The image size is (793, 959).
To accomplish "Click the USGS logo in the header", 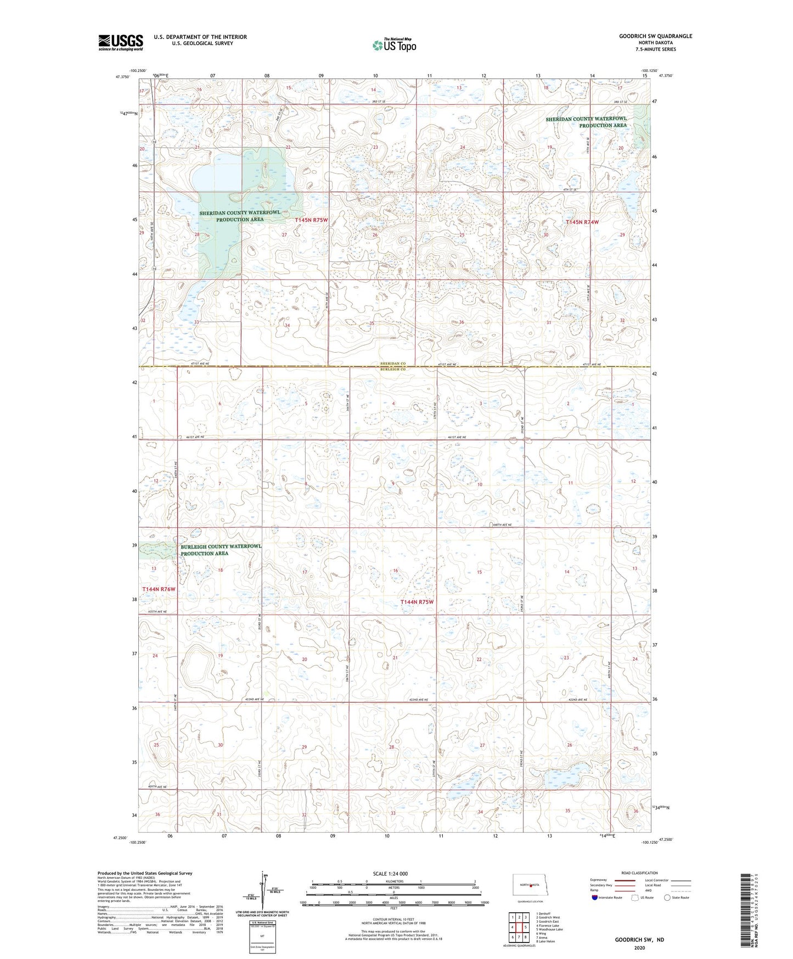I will pyautogui.click(x=120, y=42).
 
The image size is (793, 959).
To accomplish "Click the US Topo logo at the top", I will pyautogui.click(x=393, y=45).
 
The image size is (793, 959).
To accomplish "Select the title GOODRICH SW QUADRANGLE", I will pyautogui.click(x=655, y=36).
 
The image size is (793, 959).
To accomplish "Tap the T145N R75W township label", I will pyautogui.click(x=311, y=220).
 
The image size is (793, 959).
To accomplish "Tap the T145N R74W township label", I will pyautogui.click(x=582, y=222).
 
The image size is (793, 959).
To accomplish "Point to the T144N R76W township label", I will pyautogui.click(x=159, y=589).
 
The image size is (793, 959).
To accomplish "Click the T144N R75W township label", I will pyautogui.click(x=417, y=602).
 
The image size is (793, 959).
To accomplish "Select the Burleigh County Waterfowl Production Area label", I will pyautogui.click(x=221, y=550).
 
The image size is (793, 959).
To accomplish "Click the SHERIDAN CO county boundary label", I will pyautogui.click(x=393, y=364).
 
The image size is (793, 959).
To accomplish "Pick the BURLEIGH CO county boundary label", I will pyautogui.click(x=393, y=370).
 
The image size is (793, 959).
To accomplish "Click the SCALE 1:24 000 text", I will pyautogui.click(x=390, y=873).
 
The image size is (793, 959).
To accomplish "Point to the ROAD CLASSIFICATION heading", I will pyautogui.click(x=639, y=873).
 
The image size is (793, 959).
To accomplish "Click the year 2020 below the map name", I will pyautogui.click(x=639, y=947).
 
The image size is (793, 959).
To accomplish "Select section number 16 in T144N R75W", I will pyautogui.click(x=395, y=571).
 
